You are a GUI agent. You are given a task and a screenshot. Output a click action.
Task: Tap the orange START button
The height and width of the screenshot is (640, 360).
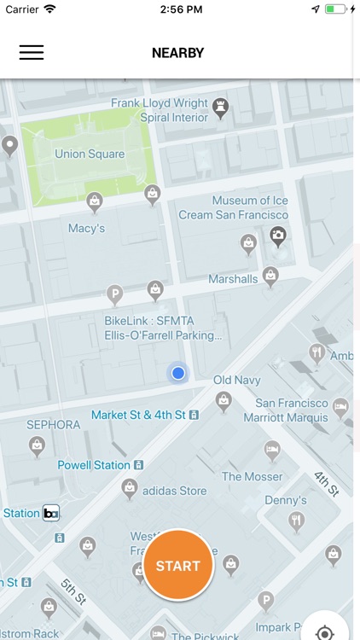coord(177,566)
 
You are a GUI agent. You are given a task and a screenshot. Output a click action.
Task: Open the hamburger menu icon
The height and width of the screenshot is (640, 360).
coord(32,52)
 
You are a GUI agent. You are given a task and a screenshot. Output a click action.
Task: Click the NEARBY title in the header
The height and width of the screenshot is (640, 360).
coord(177,53)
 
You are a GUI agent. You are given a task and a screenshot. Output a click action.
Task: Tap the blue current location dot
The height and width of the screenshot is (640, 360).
coord(177,373)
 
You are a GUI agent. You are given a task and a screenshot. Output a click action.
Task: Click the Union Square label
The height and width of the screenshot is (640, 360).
coord(90,154)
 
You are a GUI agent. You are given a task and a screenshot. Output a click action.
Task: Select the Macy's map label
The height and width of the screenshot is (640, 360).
coord(86,228)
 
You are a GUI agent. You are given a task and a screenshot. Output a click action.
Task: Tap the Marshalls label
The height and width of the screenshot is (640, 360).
coord(233,279)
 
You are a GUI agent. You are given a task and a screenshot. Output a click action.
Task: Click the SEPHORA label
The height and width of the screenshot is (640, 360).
coord(53,424)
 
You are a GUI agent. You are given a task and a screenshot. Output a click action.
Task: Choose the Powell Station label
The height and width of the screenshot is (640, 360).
coord(94,465)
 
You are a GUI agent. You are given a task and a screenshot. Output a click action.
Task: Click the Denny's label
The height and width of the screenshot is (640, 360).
coord(286,500)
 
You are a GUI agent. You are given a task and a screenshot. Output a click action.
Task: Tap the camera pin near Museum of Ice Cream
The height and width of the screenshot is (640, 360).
coord(277,235)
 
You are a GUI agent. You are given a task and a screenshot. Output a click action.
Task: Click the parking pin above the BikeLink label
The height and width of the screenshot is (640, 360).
coord(114,295)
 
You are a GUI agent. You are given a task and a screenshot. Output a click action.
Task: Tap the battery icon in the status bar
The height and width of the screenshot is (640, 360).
coord(336,9)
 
